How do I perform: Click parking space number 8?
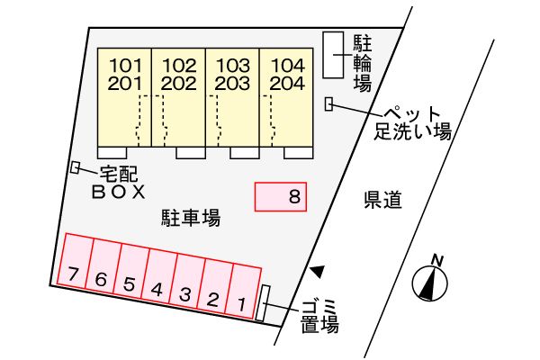tap(280, 196)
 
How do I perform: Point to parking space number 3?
tap(187, 281)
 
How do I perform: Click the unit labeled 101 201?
tap(124, 97)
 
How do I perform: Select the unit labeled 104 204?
tap(286, 97)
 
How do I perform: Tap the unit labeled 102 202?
tap(178, 97)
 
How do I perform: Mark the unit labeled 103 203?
tap(232, 97)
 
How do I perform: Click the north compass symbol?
tap(430, 280)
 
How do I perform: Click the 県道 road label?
tap(382, 200)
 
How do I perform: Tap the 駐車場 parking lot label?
tap(191, 218)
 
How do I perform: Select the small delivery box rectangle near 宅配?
tap(75, 167)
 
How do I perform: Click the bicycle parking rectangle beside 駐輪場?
tap(333, 55)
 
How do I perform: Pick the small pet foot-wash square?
tap(328, 104)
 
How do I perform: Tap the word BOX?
tap(119, 193)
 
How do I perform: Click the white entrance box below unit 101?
tap(112, 153)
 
